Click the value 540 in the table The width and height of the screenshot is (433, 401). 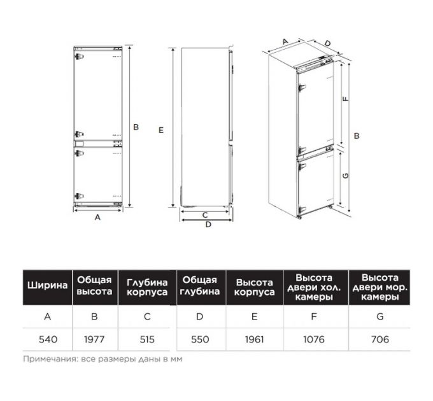point(48,339)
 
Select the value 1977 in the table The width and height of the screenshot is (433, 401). point(94,339)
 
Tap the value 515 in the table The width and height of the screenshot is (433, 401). point(147,339)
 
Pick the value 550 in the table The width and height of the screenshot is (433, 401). point(200,339)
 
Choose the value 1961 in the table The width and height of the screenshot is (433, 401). point(254,339)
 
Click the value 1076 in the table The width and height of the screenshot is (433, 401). point(314,339)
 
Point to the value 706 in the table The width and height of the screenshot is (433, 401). point(380,339)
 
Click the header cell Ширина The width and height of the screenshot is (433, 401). point(48,285)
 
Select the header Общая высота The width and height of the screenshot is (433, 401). point(94,286)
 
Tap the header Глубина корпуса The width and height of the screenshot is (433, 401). point(147,287)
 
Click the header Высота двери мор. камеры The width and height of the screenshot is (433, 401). point(380,287)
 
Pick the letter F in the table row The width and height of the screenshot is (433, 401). point(314,316)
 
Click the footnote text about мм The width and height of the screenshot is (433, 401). point(103,359)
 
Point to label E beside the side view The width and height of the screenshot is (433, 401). point(161,130)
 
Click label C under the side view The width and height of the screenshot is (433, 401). point(205,215)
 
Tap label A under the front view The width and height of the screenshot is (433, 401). point(97,217)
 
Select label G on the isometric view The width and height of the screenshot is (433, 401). point(346,176)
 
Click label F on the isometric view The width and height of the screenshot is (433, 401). point(346,99)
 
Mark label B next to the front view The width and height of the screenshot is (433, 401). point(136,127)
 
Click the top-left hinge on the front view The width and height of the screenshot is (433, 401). point(79,56)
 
